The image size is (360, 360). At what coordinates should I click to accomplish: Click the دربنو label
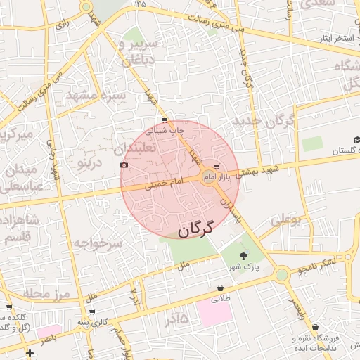point(90,164)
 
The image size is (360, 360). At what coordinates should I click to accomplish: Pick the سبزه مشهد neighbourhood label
point(94,94)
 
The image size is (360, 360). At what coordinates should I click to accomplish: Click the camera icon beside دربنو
point(124,165)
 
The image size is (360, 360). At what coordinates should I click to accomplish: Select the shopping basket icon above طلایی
point(221,288)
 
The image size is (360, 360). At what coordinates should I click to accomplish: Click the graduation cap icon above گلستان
point(356,141)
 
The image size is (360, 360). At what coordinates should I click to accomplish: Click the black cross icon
point(29,352)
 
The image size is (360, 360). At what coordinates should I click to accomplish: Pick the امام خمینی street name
point(164,185)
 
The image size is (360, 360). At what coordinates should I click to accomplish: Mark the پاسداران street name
point(231,210)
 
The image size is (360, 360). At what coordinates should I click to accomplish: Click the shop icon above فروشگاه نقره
point(315,328)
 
